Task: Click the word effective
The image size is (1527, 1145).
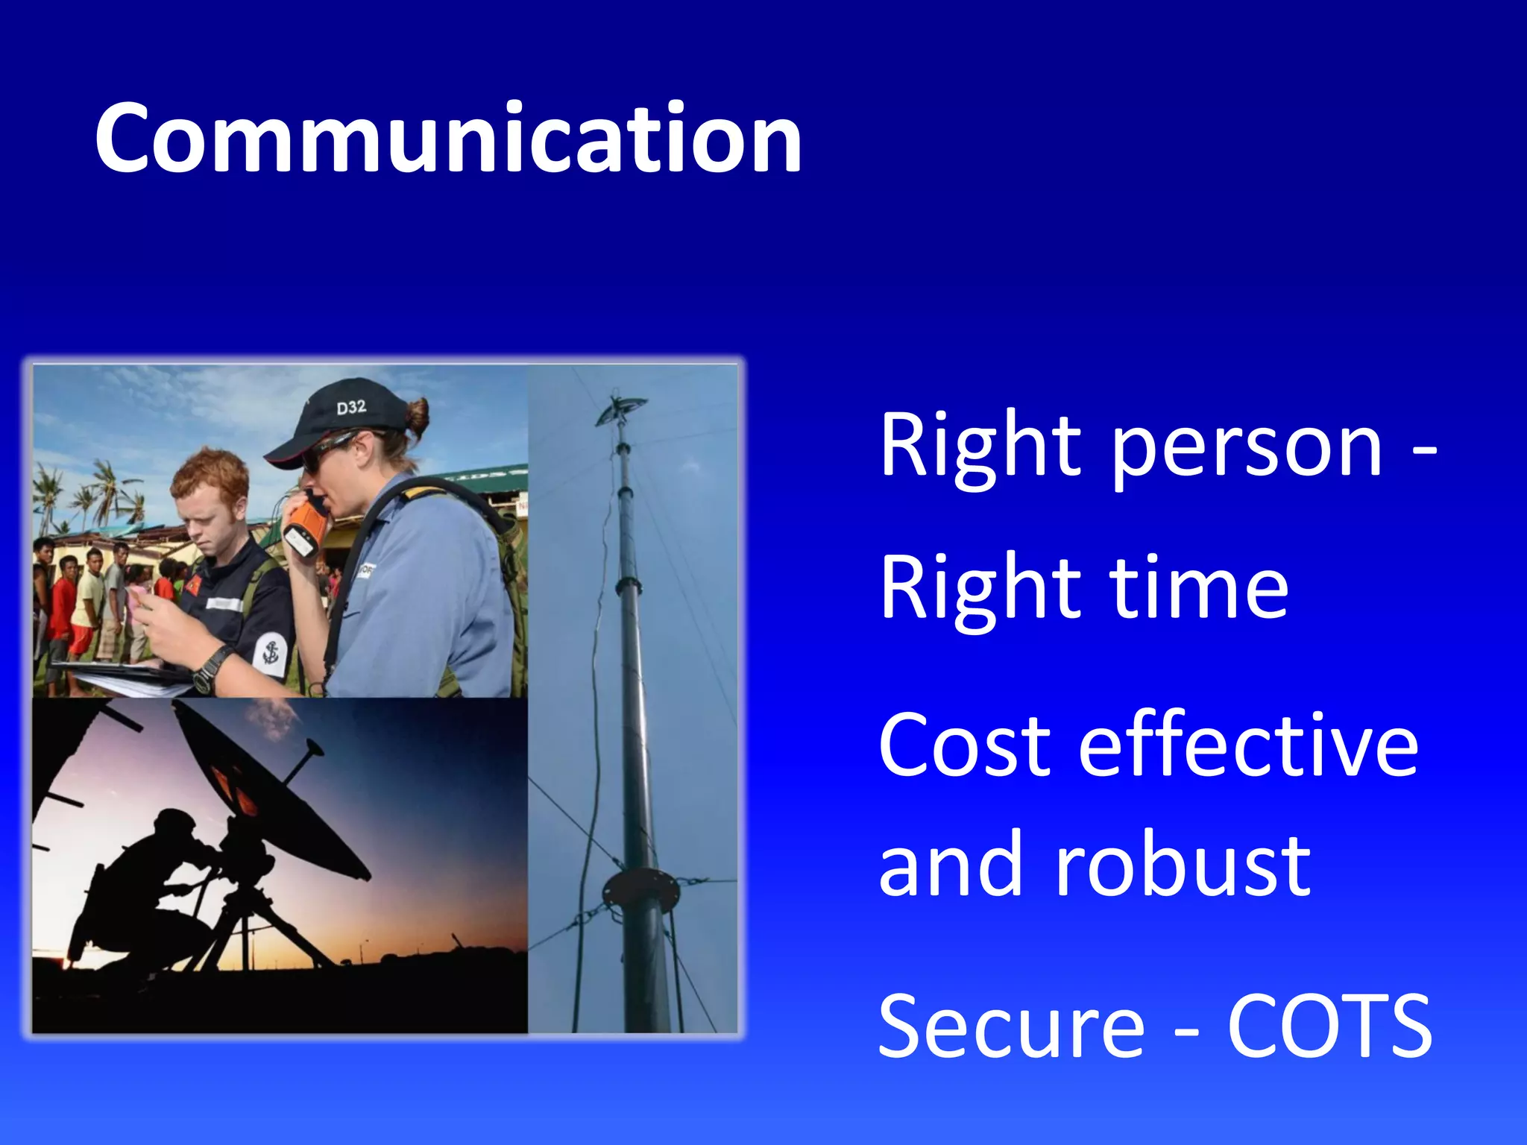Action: [x=1248, y=745]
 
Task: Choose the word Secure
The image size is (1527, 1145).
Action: [x=1011, y=1027]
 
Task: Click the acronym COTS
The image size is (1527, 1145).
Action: [x=1330, y=1027]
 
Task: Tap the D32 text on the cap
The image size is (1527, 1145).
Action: [x=350, y=407]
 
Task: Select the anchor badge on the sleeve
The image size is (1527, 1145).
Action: [x=271, y=654]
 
